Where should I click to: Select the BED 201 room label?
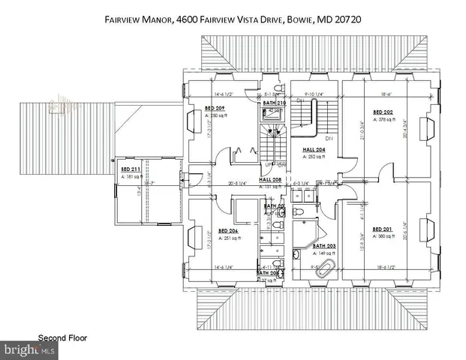[x=383, y=229]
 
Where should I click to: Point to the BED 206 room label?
[x=228, y=231]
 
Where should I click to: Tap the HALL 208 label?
[x=271, y=180]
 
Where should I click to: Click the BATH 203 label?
[x=325, y=246]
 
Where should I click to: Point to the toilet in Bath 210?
[x=269, y=115]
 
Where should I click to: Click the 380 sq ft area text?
[x=384, y=236]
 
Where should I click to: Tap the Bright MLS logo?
[x=30, y=349]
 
